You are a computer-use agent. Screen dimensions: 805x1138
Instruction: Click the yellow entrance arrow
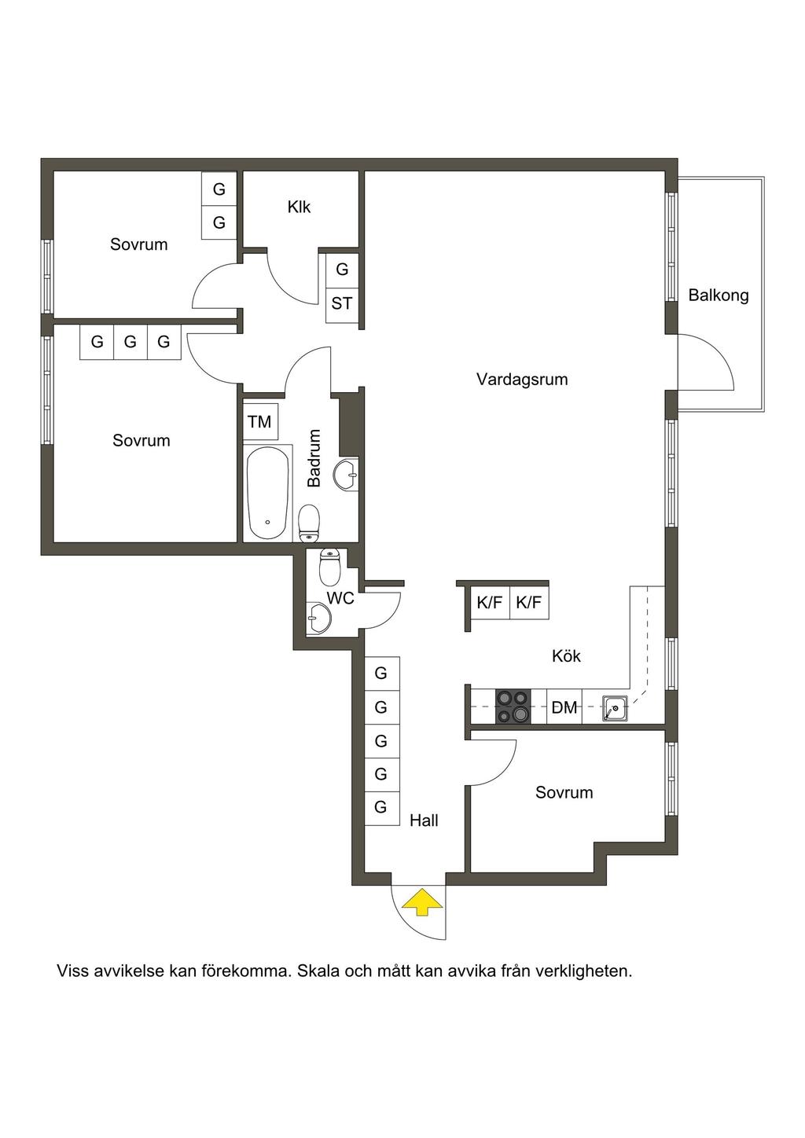(423, 901)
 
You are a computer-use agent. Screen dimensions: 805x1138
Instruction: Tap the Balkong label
(718, 296)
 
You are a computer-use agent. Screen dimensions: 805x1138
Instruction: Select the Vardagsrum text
(522, 380)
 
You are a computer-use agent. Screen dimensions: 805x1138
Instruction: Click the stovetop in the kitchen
(513, 707)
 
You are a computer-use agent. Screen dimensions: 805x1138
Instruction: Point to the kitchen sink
(615, 707)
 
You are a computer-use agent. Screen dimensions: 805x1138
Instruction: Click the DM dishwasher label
(564, 707)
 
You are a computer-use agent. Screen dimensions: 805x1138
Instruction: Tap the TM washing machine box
(259, 422)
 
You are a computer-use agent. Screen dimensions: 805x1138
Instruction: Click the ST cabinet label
(341, 304)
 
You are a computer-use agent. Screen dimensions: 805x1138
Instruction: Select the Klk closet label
(299, 207)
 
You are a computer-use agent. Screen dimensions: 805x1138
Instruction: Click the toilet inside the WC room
(329, 568)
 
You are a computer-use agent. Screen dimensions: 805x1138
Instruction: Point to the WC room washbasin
(318, 619)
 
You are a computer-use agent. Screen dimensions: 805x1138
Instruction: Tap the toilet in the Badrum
(308, 523)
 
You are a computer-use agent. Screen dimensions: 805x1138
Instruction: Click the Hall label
(424, 820)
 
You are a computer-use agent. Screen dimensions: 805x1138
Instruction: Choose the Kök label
(566, 656)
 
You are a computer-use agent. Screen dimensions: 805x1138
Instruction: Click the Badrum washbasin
(346, 475)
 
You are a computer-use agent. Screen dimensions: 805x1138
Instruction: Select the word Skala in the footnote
(318, 971)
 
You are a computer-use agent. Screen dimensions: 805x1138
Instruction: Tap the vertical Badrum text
(314, 458)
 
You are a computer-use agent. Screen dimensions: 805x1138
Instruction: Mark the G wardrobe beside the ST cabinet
(341, 270)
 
